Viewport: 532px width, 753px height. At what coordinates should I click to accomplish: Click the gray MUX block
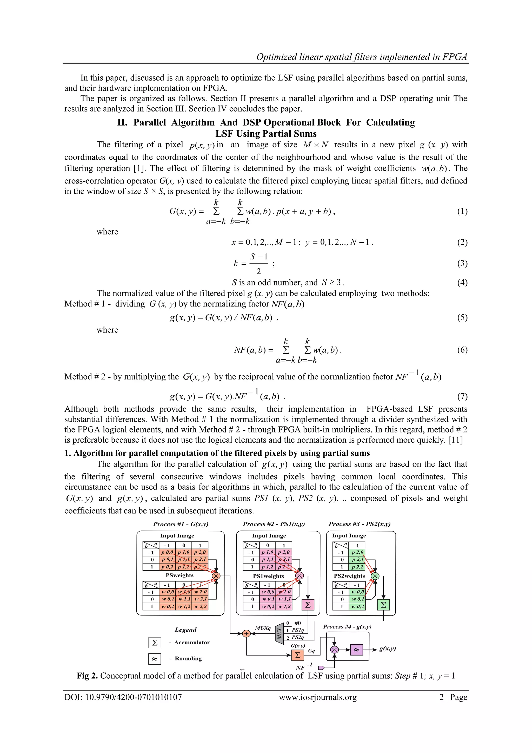point(279,633)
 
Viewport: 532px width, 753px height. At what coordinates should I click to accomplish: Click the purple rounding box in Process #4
point(357,649)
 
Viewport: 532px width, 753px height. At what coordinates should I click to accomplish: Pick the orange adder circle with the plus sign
point(246,634)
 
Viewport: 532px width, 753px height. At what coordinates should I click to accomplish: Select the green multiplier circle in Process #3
point(375,576)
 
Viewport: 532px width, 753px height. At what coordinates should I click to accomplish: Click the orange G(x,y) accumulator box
point(297,655)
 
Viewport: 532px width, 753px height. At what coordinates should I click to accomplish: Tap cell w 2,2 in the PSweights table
point(200,606)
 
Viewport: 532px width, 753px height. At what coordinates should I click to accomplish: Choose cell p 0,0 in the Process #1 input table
point(167,552)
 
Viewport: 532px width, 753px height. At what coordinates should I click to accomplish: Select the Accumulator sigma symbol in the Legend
point(155,643)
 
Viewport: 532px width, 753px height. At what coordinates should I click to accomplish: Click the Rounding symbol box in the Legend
point(155,659)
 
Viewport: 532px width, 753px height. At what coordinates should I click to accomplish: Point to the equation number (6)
point(462,350)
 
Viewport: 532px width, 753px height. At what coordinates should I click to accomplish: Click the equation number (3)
point(462,263)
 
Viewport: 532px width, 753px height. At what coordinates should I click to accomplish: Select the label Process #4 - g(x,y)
point(347,626)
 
